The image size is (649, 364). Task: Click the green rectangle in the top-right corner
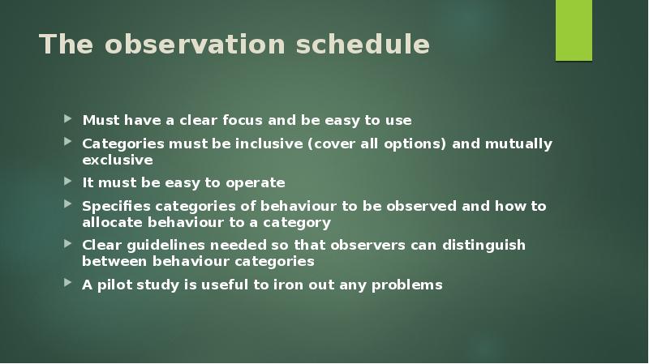coord(574,30)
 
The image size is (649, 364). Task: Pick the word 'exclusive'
coord(118,161)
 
